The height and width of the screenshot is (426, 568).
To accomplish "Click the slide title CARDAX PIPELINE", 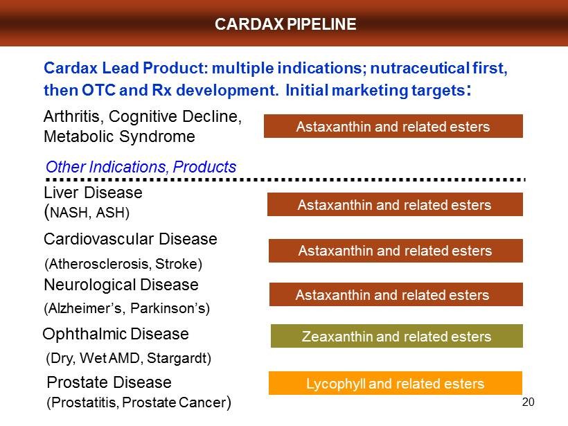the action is click(x=285, y=24).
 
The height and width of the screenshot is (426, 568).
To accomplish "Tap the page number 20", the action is click(x=528, y=402).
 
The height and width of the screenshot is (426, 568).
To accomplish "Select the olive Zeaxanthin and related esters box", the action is click(x=397, y=336).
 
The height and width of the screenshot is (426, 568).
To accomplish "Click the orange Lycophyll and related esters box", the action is click(x=396, y=383).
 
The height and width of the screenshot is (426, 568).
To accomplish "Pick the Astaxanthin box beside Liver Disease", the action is click(x=395, y=204).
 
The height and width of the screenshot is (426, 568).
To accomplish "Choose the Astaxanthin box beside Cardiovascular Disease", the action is click(x=396, y=251).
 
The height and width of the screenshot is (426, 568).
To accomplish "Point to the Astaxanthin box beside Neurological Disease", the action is click(x=396, y=294).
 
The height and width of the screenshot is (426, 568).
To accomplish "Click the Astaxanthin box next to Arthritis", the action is click(x=393, y=126).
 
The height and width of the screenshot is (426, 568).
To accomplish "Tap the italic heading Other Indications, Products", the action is click(x=141, y=167).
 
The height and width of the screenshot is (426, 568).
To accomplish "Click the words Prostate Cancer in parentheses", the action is click(x=174, y=402).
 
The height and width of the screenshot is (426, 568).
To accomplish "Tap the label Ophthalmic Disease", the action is click(x=116, y=335).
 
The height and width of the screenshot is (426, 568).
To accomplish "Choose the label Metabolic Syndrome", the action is click(x=119, y=136).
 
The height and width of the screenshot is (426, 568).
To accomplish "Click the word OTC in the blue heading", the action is click(x=98, y=90).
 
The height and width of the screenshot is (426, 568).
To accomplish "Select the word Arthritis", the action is click(x=72, y=116).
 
